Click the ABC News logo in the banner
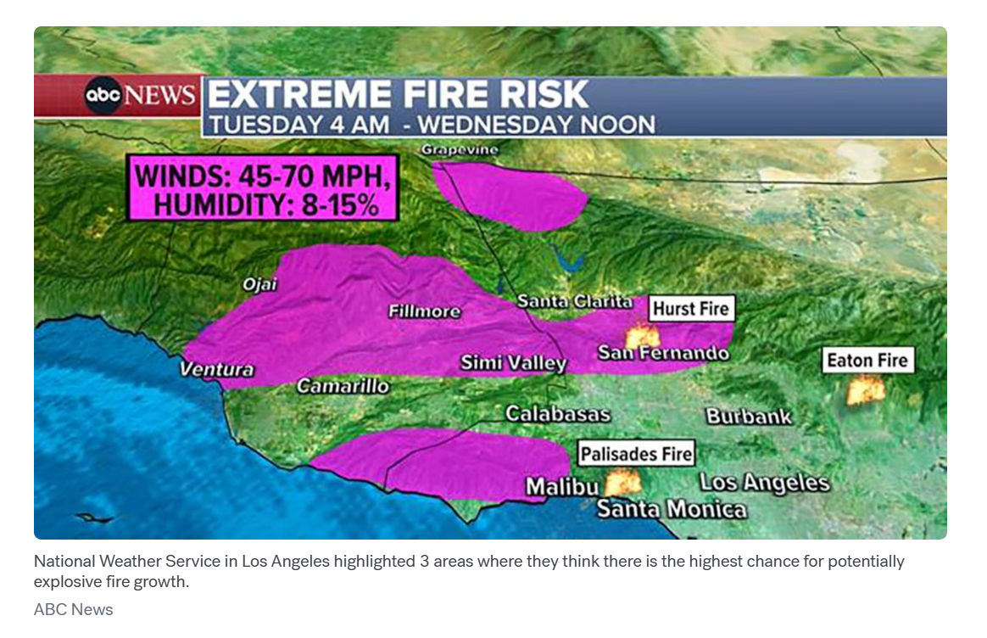140,96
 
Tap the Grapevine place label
460,150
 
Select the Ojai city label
260,284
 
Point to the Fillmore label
424,311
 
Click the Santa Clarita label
574,301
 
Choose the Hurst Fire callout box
691,308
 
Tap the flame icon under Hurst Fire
642,335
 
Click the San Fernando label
663,353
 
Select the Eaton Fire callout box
867,361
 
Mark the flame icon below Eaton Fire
866,391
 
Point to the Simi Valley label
513,363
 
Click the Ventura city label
216,369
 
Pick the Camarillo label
343,386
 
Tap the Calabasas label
557,414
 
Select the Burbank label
749,417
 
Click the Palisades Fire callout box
636,454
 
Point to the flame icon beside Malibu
623,483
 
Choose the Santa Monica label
672,509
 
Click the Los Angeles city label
764,483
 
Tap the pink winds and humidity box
263,187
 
